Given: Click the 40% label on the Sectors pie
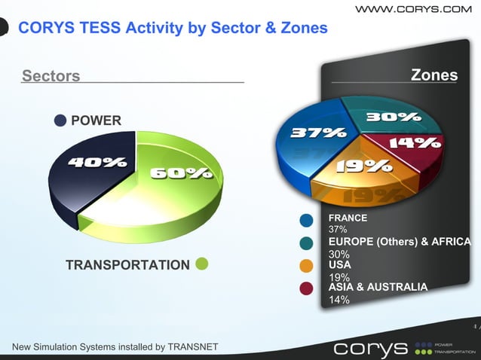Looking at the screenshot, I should click(x=97, y=162).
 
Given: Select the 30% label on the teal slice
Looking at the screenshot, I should click(x=392, y=117).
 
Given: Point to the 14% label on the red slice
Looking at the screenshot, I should click(x=415, y=142).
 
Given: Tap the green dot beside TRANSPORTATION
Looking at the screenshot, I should click(x=201, y=264).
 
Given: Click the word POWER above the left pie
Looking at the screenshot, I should click(x=96, y=121).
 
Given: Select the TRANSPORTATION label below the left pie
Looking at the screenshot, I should click(x=127, y=265).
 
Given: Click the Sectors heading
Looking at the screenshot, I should click(x=51, y=75).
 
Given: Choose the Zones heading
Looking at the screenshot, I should click(x=434, y=75).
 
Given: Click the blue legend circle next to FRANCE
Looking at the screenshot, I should click(x=307, y=221).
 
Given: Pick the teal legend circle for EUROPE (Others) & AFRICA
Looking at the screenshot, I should click(x=307, y=243).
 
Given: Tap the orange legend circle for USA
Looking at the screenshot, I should click(x=307, y=266).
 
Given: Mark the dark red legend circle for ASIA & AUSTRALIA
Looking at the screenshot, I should click(x=307, y=288).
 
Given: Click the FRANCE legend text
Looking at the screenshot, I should click(x=348, y=218).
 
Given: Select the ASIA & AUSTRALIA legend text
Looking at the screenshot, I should click(x=378, y=287).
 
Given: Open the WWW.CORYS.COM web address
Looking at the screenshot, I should click(x=412, y=9).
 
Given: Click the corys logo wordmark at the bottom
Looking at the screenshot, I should click(x=369, y=349).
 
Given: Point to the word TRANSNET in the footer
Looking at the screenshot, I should click(x=191, y=346).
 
